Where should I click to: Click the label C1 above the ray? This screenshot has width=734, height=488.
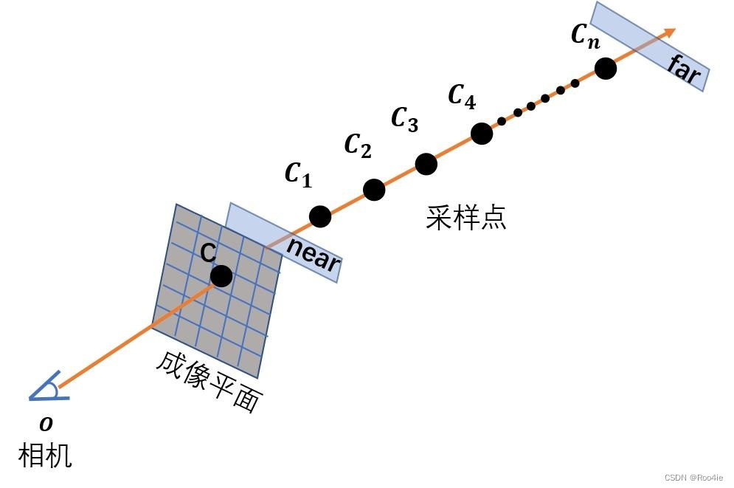[298, 175]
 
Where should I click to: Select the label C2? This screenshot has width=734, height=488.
[358, 145]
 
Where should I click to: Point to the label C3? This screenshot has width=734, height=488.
[404, 119]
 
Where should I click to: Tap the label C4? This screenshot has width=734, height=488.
[462, 96]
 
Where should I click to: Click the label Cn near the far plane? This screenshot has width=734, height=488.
[586, 35]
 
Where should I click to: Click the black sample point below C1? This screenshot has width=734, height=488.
[320, 216]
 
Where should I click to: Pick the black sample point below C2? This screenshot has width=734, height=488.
[374, 190]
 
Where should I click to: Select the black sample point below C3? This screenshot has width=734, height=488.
[426, 164]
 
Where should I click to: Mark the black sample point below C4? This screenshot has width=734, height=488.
[481, 134]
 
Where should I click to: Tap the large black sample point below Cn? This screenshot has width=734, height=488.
[606, 69]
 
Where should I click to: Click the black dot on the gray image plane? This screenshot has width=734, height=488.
[221, 276]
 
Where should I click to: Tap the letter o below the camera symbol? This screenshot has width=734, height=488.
[46, 424]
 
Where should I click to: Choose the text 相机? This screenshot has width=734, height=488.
[45, 455]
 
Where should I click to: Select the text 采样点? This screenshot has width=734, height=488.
[466, 218]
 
